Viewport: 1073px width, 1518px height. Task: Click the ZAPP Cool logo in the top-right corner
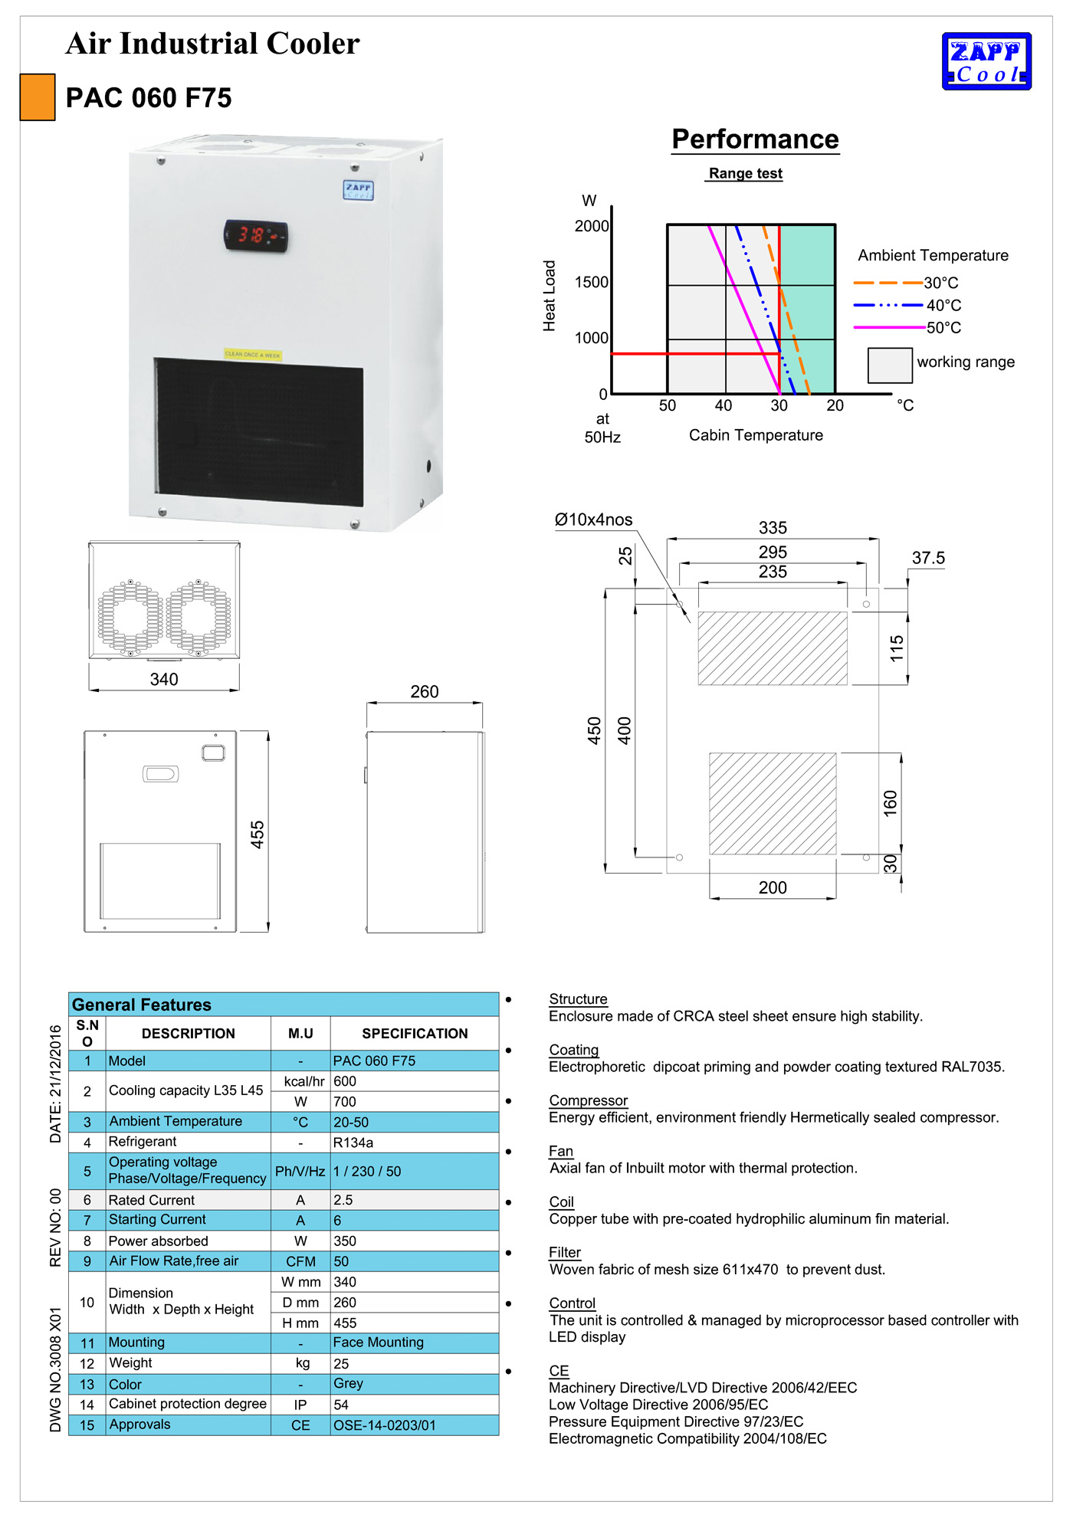[x=986, y=61]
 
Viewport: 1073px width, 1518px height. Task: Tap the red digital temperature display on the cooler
[x=255, y=235]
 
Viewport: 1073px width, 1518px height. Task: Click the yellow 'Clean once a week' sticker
[x=253, y=355]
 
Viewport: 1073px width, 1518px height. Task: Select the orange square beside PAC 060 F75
[x=38, y=97]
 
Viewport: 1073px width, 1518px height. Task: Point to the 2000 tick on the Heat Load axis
[x=592, y=226]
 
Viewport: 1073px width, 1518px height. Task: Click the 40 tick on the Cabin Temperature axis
[x=724, y=405]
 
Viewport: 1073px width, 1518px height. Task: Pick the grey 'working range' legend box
[x=889, y=365]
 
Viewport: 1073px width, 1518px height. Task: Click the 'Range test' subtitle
[x=745, y=174]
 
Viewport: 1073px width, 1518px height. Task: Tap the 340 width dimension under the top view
[x=164, y=680]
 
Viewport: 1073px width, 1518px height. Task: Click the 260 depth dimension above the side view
[x=425, y=692]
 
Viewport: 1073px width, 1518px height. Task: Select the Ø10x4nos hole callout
[x=594, y=520]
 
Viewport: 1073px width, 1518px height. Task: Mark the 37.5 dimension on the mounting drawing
[x=928, y=559]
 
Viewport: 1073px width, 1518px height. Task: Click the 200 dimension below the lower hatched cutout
[x=773, y=887]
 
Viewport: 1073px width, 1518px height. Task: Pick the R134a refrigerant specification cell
[x=353, y=1143]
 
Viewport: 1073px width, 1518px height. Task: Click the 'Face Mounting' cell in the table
[x=378, y=1343]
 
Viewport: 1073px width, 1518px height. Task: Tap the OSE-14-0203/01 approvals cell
[x=384, y=1425]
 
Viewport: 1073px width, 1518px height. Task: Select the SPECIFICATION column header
[x=415, y=1034]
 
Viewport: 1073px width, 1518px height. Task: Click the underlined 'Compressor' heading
[x=588, y=1100]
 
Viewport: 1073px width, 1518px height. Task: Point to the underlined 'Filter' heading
[x=565, y=1252]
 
